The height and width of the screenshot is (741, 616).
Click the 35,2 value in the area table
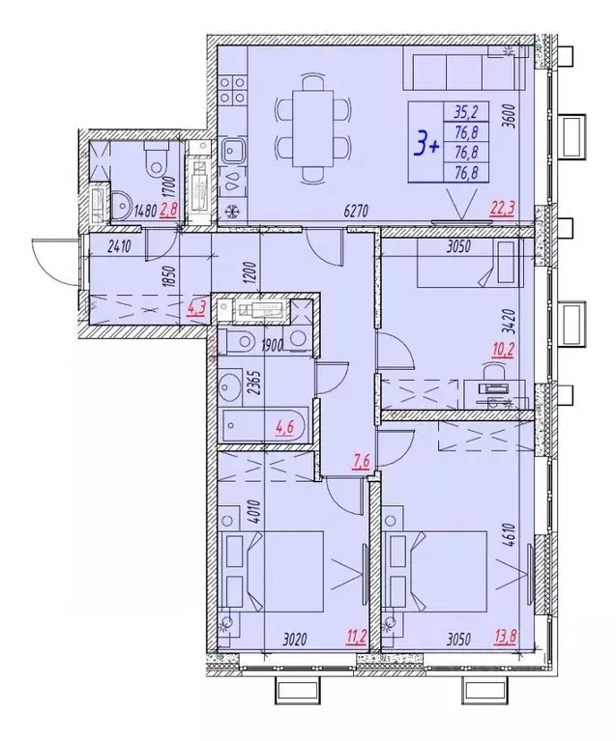point(465,109)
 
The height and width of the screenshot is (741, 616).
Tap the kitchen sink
point(232,151)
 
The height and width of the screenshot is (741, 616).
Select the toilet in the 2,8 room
point(154,161)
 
